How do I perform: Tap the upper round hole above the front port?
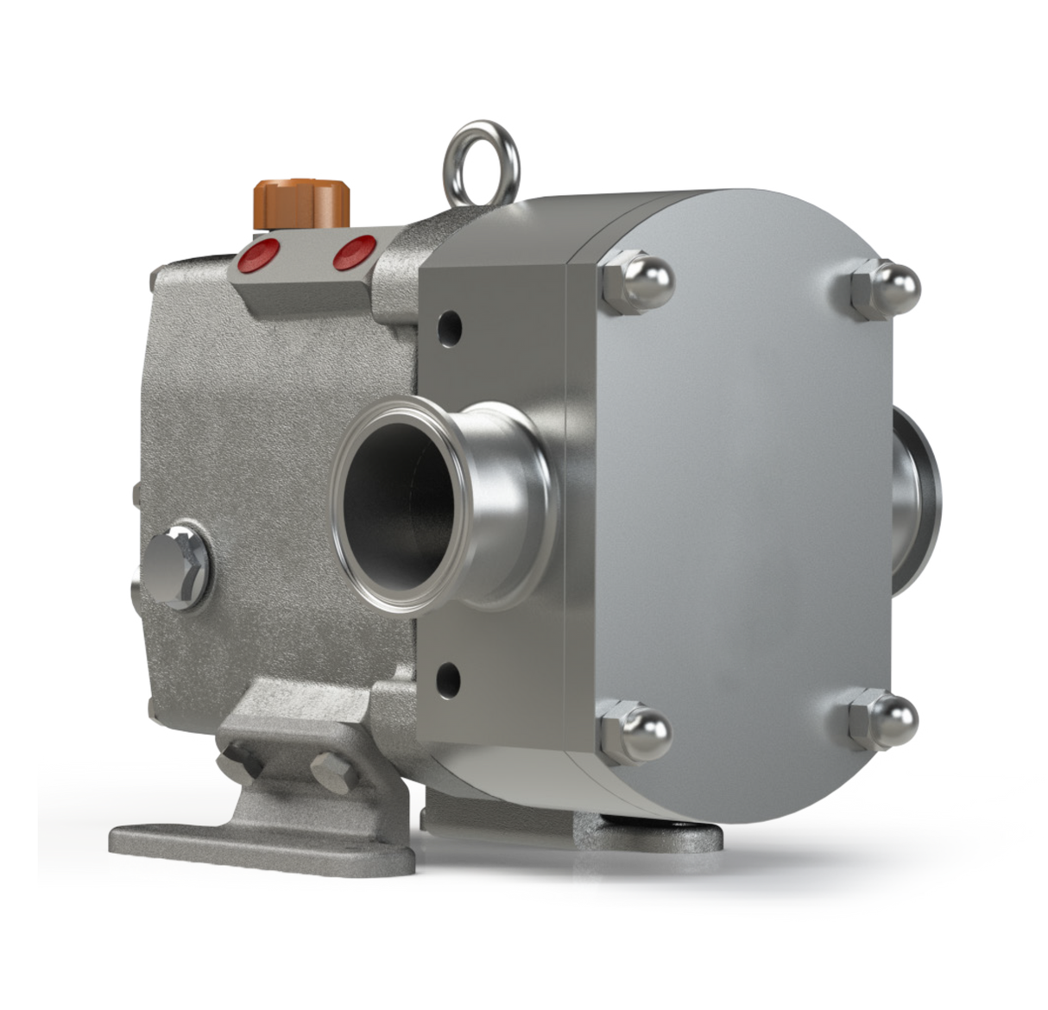point(449,327)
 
